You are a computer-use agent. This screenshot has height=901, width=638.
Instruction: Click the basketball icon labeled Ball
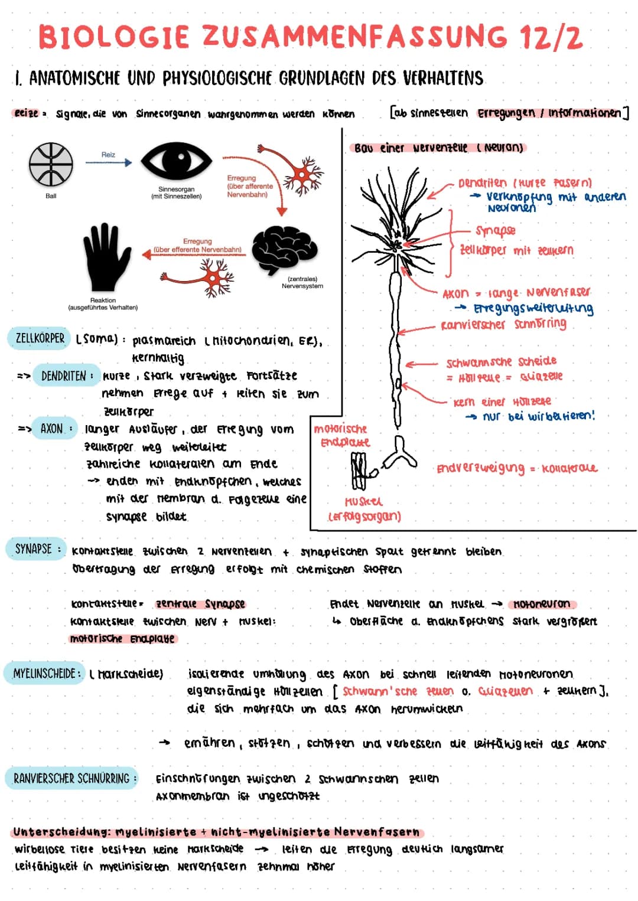point(51,164)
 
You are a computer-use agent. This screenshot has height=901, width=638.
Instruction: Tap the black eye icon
point(177,161)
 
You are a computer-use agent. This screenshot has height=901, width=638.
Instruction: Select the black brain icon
point(284,250)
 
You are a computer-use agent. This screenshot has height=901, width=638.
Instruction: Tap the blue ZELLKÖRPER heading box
point(39,338)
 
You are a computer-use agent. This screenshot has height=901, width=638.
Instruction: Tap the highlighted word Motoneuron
point(542,604)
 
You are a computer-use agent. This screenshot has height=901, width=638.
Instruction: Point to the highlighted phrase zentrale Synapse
point(200,604)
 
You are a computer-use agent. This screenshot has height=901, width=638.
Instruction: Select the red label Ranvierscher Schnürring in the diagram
point(503,324)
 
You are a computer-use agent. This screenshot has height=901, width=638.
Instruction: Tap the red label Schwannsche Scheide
point(501,361)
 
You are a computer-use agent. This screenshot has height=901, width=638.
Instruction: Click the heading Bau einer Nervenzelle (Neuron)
point(438,148)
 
